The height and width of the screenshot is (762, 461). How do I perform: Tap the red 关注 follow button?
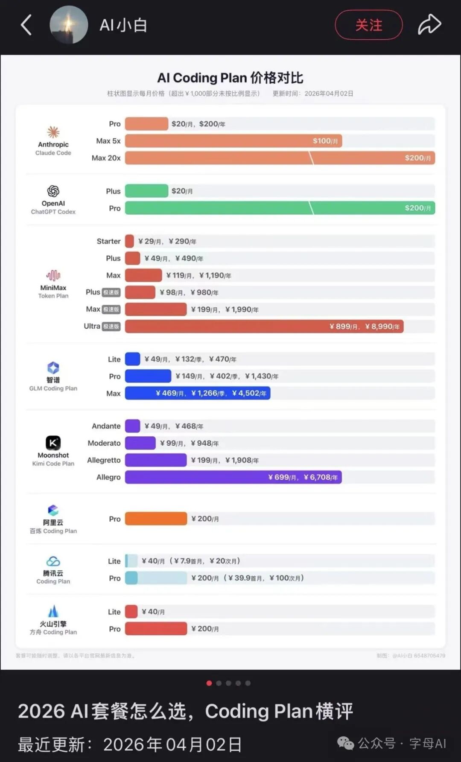[368, 25]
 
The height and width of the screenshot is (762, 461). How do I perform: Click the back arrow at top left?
[26, 25]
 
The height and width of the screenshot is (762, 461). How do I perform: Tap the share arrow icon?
[429, 24]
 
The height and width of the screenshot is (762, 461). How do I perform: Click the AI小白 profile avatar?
[69, 25]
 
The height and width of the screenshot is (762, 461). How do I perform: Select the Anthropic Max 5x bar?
[233, 141]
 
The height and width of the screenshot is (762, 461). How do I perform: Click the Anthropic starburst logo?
[53, 132]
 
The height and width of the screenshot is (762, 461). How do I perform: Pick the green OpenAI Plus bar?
[146, 191]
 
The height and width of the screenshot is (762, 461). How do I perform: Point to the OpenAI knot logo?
[53, 191]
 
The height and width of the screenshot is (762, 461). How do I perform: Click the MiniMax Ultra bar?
[264, 327]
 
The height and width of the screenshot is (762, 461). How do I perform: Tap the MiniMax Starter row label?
[108, 241]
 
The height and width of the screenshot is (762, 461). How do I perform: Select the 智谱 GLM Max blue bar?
[197, 393]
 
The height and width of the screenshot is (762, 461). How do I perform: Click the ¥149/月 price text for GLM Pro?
[189, 376]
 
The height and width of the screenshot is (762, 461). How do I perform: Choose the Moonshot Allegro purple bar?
[233, 477]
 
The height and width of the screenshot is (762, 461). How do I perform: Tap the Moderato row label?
[104, 443]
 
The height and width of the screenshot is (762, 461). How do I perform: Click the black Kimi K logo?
[53, 443]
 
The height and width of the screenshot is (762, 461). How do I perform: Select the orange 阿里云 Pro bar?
[156, 519]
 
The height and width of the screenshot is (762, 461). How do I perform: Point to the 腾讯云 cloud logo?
[53, 561]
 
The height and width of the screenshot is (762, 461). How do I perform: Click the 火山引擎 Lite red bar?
[131, 612]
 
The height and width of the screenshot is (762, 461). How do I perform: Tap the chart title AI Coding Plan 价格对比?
[230, 78]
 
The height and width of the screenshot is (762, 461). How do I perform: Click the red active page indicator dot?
[209, 683]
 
